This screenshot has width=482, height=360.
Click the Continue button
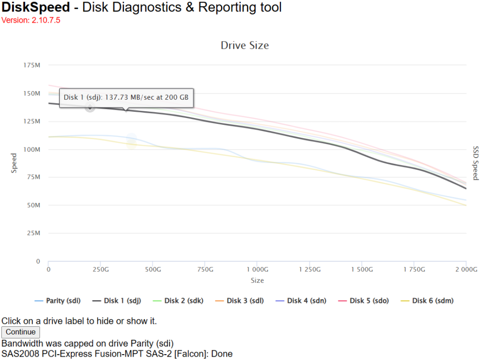click(21, 332)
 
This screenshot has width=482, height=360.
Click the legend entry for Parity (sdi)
click(57, 301)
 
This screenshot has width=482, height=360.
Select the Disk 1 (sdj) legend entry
click(117, 301)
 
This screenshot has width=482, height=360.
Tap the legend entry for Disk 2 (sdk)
click(178, 301)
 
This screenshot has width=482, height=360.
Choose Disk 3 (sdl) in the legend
click(240, 301)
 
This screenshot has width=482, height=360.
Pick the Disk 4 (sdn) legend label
click(301, 301)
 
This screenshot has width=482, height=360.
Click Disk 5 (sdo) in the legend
click(363, 301)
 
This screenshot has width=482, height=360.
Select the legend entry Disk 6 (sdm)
click(427, 301)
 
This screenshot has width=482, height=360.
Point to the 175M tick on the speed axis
click(32, 65)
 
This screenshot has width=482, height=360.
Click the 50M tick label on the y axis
click(34, 205)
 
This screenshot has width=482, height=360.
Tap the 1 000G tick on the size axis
click(257, 269)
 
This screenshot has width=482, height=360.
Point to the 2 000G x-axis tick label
click(466, 269)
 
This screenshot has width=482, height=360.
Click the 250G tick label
click(101, 269)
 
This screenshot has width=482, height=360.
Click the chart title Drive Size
click(245, 45)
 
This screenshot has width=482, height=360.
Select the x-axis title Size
click(257, 280)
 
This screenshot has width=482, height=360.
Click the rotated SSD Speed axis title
click(476, 163)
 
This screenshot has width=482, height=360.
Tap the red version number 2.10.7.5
click(46, 20)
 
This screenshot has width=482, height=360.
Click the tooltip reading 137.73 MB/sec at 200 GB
click(126, 98)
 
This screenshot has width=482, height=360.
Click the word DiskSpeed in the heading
click(36, 7)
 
